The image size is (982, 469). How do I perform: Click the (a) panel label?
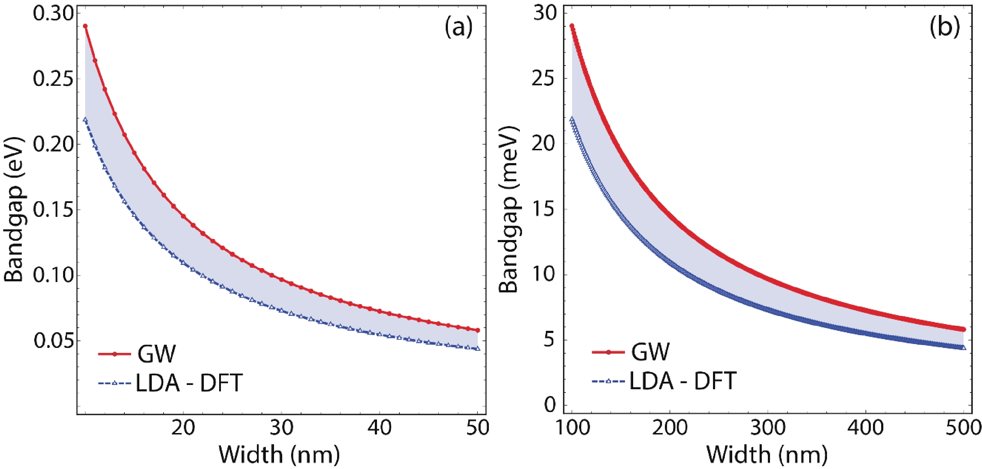pos(458,27)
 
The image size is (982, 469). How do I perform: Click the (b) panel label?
pos(944,27)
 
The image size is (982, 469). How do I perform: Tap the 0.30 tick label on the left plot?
pos(53,14)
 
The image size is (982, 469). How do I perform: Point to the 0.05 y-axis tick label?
pos(53,340)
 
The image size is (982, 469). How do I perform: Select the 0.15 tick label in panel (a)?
pos(53,209)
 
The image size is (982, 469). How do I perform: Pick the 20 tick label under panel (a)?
pos(183,427)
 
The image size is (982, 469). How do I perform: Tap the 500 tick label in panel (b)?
pos(963,427)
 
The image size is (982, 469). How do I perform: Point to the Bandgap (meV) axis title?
pos(509,209)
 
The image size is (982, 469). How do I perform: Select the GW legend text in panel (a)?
pos(156,354)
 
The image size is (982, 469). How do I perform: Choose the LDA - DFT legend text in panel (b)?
pos(682,381)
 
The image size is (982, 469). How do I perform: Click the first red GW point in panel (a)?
pos(86,26)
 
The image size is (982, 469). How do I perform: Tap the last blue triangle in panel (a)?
pos(478,348)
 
